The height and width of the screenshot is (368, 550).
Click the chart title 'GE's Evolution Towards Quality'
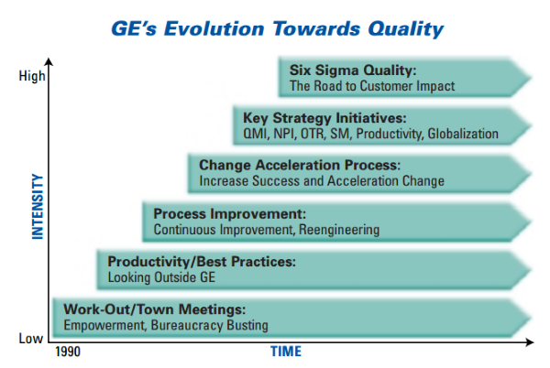point(277,29)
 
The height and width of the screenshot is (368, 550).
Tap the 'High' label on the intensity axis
point(32,76)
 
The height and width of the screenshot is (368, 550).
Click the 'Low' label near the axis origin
point(31,338)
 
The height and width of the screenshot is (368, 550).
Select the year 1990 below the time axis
point(68,352)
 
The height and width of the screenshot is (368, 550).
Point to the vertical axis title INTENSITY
point(38,206)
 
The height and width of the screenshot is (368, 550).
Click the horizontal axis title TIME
point(286,352)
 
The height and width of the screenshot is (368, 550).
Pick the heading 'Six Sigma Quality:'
point(353,70)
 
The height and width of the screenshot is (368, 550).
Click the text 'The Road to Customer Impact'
point(372,86)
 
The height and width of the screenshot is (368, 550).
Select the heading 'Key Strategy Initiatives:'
point(324,118)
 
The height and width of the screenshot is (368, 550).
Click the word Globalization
point(463,134)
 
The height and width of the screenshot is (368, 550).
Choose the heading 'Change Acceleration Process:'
point(300,165)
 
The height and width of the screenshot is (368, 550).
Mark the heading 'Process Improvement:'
point(230,213)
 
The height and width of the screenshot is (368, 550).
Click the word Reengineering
point(339,230)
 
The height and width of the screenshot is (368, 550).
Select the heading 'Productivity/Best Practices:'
point(202,262)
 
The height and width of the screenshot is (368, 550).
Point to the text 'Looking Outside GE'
point(161,277)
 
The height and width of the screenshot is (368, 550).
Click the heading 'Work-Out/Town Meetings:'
point(155,309)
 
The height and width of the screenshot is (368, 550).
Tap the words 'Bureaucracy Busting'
point(209,325)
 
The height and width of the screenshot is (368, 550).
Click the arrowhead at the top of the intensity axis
point(49,61)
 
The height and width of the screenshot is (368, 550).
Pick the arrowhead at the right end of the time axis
point(530,342)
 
